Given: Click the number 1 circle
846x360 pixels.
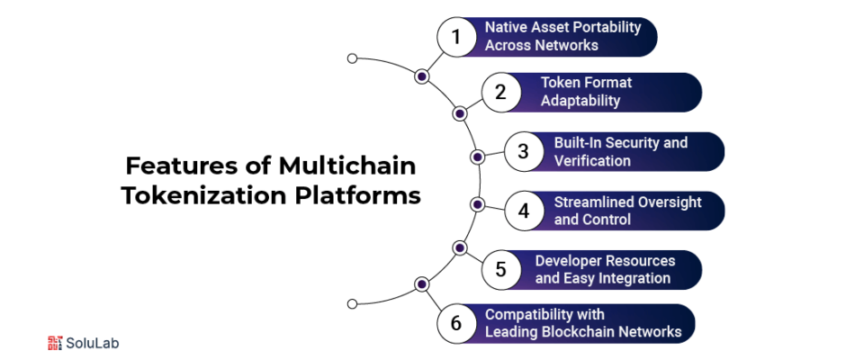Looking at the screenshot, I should (455, 37).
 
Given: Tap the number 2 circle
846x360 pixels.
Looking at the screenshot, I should (500, 92).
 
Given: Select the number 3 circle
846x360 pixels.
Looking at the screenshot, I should (523, 151).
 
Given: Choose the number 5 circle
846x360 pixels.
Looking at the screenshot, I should (500, 269).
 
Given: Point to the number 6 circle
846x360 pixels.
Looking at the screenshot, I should (455, 323).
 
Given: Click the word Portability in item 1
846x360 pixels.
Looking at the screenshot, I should (607, 27).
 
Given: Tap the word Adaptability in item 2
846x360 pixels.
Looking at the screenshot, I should (580, 101).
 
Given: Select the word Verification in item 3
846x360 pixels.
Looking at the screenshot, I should (592, 161).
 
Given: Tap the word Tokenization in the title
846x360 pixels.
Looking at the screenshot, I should (203, 195).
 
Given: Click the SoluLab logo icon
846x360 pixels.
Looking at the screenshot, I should (55, 343).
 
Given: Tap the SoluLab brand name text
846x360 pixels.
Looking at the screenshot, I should (93, 343).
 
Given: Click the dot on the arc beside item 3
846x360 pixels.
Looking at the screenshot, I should (478, 156).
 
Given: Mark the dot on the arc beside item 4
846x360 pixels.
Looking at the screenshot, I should (478, 204).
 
